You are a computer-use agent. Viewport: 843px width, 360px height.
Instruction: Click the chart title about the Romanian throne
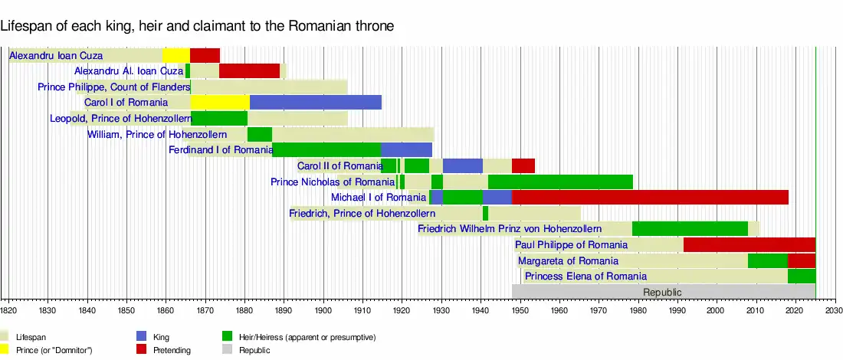(197, 26)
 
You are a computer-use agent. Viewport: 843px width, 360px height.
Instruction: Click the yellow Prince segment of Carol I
(220, 103)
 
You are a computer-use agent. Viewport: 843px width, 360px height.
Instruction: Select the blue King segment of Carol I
(315, 103)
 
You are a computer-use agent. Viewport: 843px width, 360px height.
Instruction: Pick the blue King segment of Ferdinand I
(406, 150)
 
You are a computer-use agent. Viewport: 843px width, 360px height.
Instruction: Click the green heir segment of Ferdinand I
(326, 150)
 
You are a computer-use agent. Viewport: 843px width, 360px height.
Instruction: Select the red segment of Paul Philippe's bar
(749, 244)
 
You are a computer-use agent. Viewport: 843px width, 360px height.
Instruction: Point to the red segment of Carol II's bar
(523, 165)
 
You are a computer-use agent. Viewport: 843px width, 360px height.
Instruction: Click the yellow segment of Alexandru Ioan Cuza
(175, 55)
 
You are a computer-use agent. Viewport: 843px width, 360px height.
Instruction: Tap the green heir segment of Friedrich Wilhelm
(690, 228)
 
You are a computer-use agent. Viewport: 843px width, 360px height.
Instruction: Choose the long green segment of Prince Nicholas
(560, 182)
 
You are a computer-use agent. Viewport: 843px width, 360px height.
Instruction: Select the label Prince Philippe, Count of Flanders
(113, 87)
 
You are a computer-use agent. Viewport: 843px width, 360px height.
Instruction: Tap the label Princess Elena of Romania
(586, 276)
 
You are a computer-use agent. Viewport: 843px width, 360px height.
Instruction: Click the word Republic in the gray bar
(662, 292)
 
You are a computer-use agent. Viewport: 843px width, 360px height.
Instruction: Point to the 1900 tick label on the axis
(323, 310)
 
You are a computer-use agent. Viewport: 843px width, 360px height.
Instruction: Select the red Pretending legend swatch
(141, 350)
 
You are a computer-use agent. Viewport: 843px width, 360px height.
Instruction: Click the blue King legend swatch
(141, 336)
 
